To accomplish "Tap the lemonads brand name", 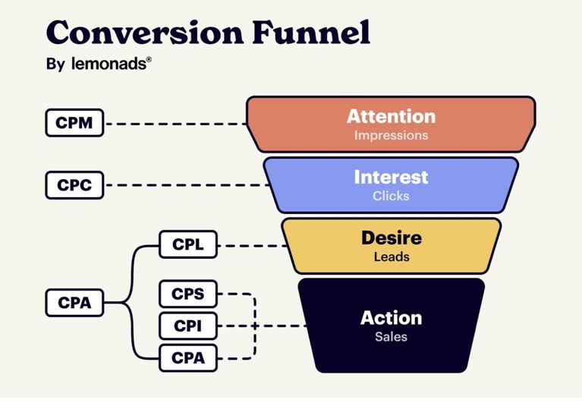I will tap(107, 65).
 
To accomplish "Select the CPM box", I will tap(74, 123).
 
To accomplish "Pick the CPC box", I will tap(74, 184).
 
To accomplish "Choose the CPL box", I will tap(188, 245).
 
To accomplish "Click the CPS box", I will tap(188, 294).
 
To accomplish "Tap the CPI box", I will tap(188, 326).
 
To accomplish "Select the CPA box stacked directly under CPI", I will tap(188, 357).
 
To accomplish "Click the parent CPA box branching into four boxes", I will tap(74, 302).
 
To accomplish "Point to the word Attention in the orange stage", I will tap(391, 117).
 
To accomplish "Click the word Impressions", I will tap(391, 136).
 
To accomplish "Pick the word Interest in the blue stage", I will tap(391, 178).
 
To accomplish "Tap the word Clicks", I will tap(391, 196).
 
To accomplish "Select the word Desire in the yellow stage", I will tap(391, 238).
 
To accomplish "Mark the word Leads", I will tap(391, 257).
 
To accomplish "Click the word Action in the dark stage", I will tap(391, 317).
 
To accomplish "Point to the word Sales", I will tap(391, 336).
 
